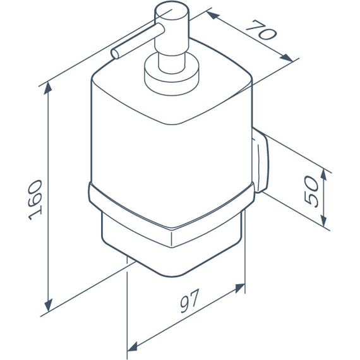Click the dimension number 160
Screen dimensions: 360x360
tap(35, 200)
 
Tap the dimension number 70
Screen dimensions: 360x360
tap(261, 30)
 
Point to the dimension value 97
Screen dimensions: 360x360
tap(189, 301)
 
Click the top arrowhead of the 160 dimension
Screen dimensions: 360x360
tap(48, 88)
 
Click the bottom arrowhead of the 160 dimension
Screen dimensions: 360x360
tap(49, 305)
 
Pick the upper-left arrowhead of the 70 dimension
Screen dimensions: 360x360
tap(213, 15)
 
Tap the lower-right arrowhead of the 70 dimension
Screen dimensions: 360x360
tap(286, 57)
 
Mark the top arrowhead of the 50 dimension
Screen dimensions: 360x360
tap(323, 175)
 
